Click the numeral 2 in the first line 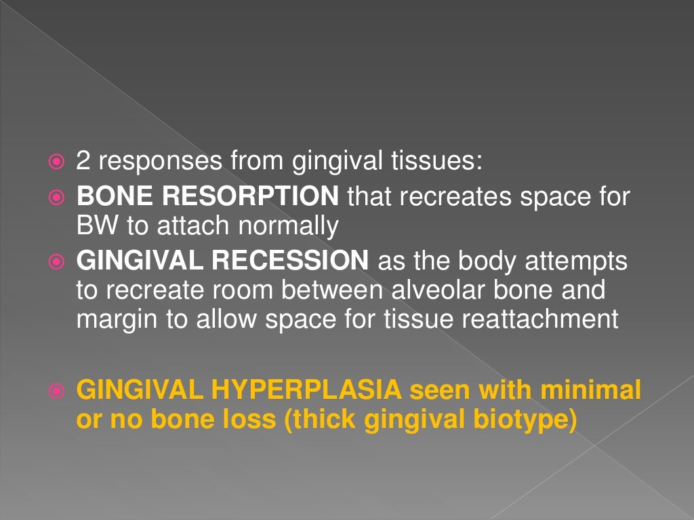(x=83, y=161)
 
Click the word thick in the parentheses (x=323, y=419)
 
